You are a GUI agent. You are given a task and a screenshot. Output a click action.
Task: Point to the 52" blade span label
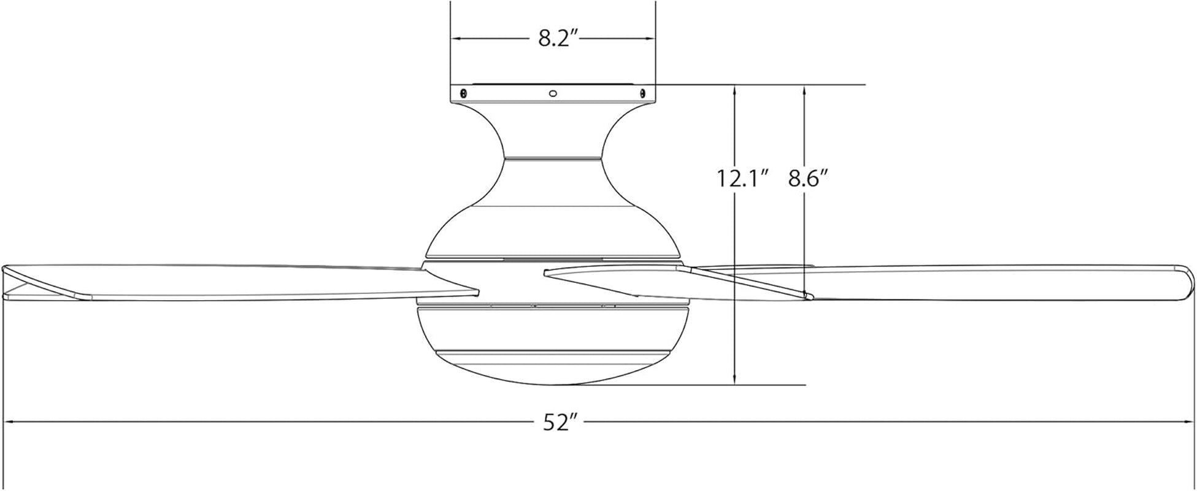560,423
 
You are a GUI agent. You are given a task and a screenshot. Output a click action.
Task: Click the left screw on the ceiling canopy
463,93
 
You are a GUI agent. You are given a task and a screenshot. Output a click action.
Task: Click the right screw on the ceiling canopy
642,93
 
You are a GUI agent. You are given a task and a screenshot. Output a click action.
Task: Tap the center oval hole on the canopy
553,93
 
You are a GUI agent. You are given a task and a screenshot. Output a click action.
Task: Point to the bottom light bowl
552,359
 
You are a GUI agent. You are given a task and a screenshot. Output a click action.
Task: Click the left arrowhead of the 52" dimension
9,422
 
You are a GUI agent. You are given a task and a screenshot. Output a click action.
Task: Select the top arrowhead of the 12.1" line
735,90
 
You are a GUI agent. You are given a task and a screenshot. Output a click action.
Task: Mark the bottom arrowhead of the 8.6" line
804,288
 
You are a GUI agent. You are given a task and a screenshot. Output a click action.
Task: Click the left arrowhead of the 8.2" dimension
456,39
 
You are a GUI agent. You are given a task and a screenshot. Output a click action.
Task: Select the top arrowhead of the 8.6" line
804,90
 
